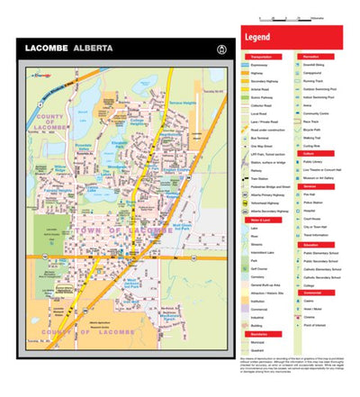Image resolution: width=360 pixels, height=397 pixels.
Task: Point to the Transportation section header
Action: pos(259,55)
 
